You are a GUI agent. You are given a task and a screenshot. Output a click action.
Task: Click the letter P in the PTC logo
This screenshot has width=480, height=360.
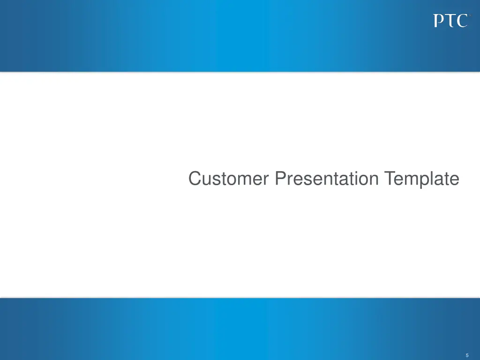(438, 21)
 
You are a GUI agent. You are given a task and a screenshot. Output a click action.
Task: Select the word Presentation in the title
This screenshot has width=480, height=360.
(327, 179)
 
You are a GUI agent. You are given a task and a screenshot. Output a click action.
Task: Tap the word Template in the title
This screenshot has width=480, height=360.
(421, 179)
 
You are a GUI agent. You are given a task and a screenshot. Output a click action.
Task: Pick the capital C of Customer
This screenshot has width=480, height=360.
(195, 179)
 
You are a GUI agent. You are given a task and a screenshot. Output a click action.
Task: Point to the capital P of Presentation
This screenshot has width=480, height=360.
(280, 179)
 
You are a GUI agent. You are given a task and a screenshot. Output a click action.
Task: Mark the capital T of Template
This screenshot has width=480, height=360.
(389, 179)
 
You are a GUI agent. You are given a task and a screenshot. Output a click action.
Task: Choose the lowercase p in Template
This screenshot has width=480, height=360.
(425, 181)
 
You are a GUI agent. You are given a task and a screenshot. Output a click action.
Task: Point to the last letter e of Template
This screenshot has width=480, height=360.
(454, 180)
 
